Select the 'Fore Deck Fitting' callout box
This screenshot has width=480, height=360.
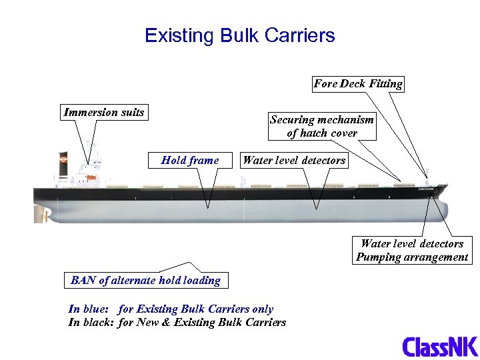point(358,84)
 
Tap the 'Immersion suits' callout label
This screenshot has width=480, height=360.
point(103,112)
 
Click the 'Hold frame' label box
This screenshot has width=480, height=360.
point(190,160)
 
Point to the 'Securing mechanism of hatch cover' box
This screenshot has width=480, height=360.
point(321,126)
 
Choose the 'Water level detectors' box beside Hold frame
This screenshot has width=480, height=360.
point(294,160)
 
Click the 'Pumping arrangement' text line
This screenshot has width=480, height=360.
point(411,257)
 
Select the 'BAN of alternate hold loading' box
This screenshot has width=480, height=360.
point(145,280)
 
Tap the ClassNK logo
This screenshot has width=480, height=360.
point(440,347)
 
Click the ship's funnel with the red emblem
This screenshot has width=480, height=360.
point(64,163)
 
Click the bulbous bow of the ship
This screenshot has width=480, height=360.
point(441,210)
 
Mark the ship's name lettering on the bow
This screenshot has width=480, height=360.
point(425,189)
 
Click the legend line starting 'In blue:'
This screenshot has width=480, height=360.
point(171,309)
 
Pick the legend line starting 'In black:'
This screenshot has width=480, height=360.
point(177,323)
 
